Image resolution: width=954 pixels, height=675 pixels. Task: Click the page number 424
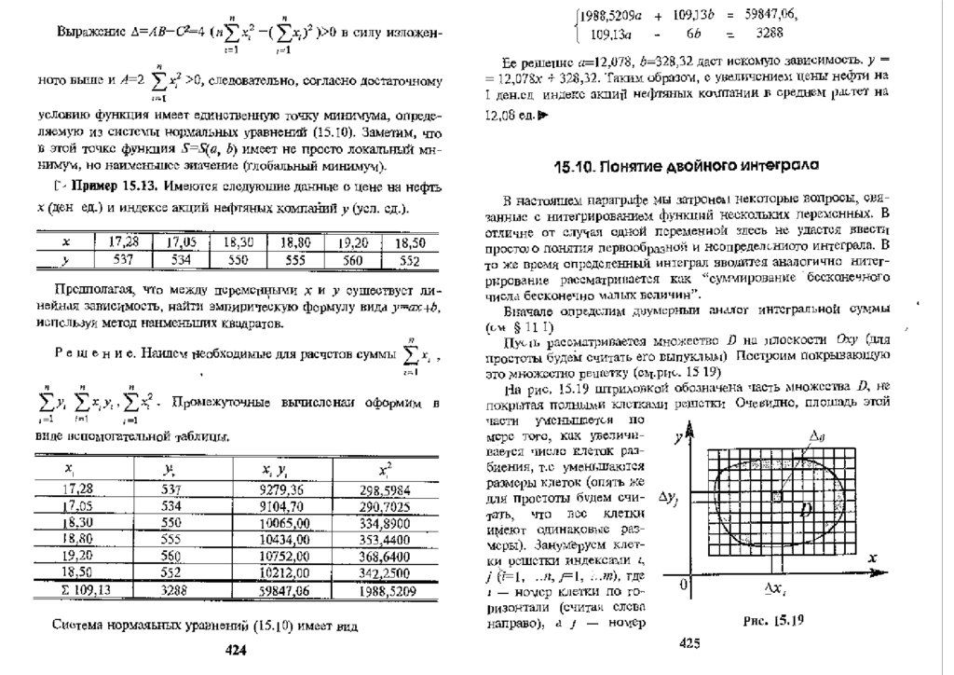click(236, 651)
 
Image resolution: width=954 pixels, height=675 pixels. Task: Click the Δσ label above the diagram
click(817, 435)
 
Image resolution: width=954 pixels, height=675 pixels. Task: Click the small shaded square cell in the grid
click(777, 497)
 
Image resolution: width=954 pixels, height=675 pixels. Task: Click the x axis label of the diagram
click(873, 558)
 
